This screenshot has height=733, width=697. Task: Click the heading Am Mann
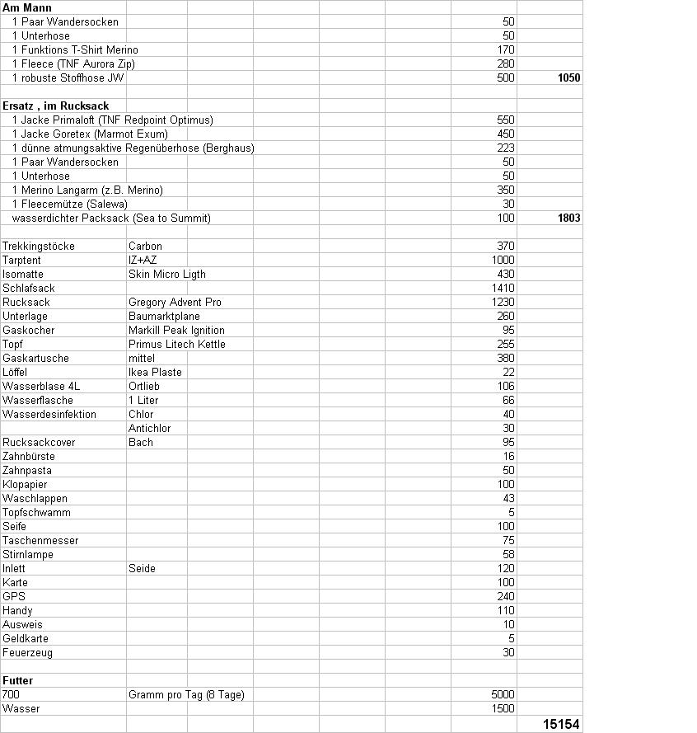pos(27,7)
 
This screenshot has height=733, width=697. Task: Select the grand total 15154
pos(563,724)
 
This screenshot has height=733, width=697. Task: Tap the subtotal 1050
pos(568,78)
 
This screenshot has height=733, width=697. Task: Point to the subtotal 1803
pos(568,218)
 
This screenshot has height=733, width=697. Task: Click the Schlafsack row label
pos(29,289)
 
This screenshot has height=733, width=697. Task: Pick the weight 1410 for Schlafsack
pos(503,289)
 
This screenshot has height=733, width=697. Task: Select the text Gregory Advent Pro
pos(175,303)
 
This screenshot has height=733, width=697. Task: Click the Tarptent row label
pos(21,261)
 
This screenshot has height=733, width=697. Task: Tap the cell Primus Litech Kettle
pos(176,345)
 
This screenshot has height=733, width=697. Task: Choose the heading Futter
pos(18,681)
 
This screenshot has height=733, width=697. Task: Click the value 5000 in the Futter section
pos(503,695)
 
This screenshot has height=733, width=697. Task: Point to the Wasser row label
pos(21,709)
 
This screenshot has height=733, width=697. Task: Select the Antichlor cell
pos(148,428)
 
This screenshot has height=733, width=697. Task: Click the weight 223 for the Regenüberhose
pos(506,148)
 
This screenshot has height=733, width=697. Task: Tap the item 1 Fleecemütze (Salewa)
pos(70,204)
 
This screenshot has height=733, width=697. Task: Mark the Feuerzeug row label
pos(27,653)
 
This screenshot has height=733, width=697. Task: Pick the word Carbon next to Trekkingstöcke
pos(145,247)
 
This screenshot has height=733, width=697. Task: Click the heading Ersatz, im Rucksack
pos(56,106)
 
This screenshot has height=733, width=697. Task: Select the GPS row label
pos(13,597)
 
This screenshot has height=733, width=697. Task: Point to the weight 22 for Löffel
pos(508,373)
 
